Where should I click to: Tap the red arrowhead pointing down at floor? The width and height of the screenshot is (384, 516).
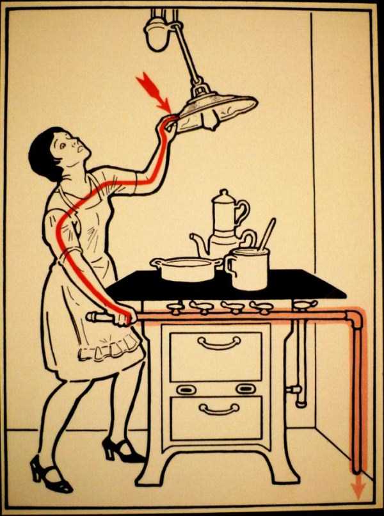point(358,490)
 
